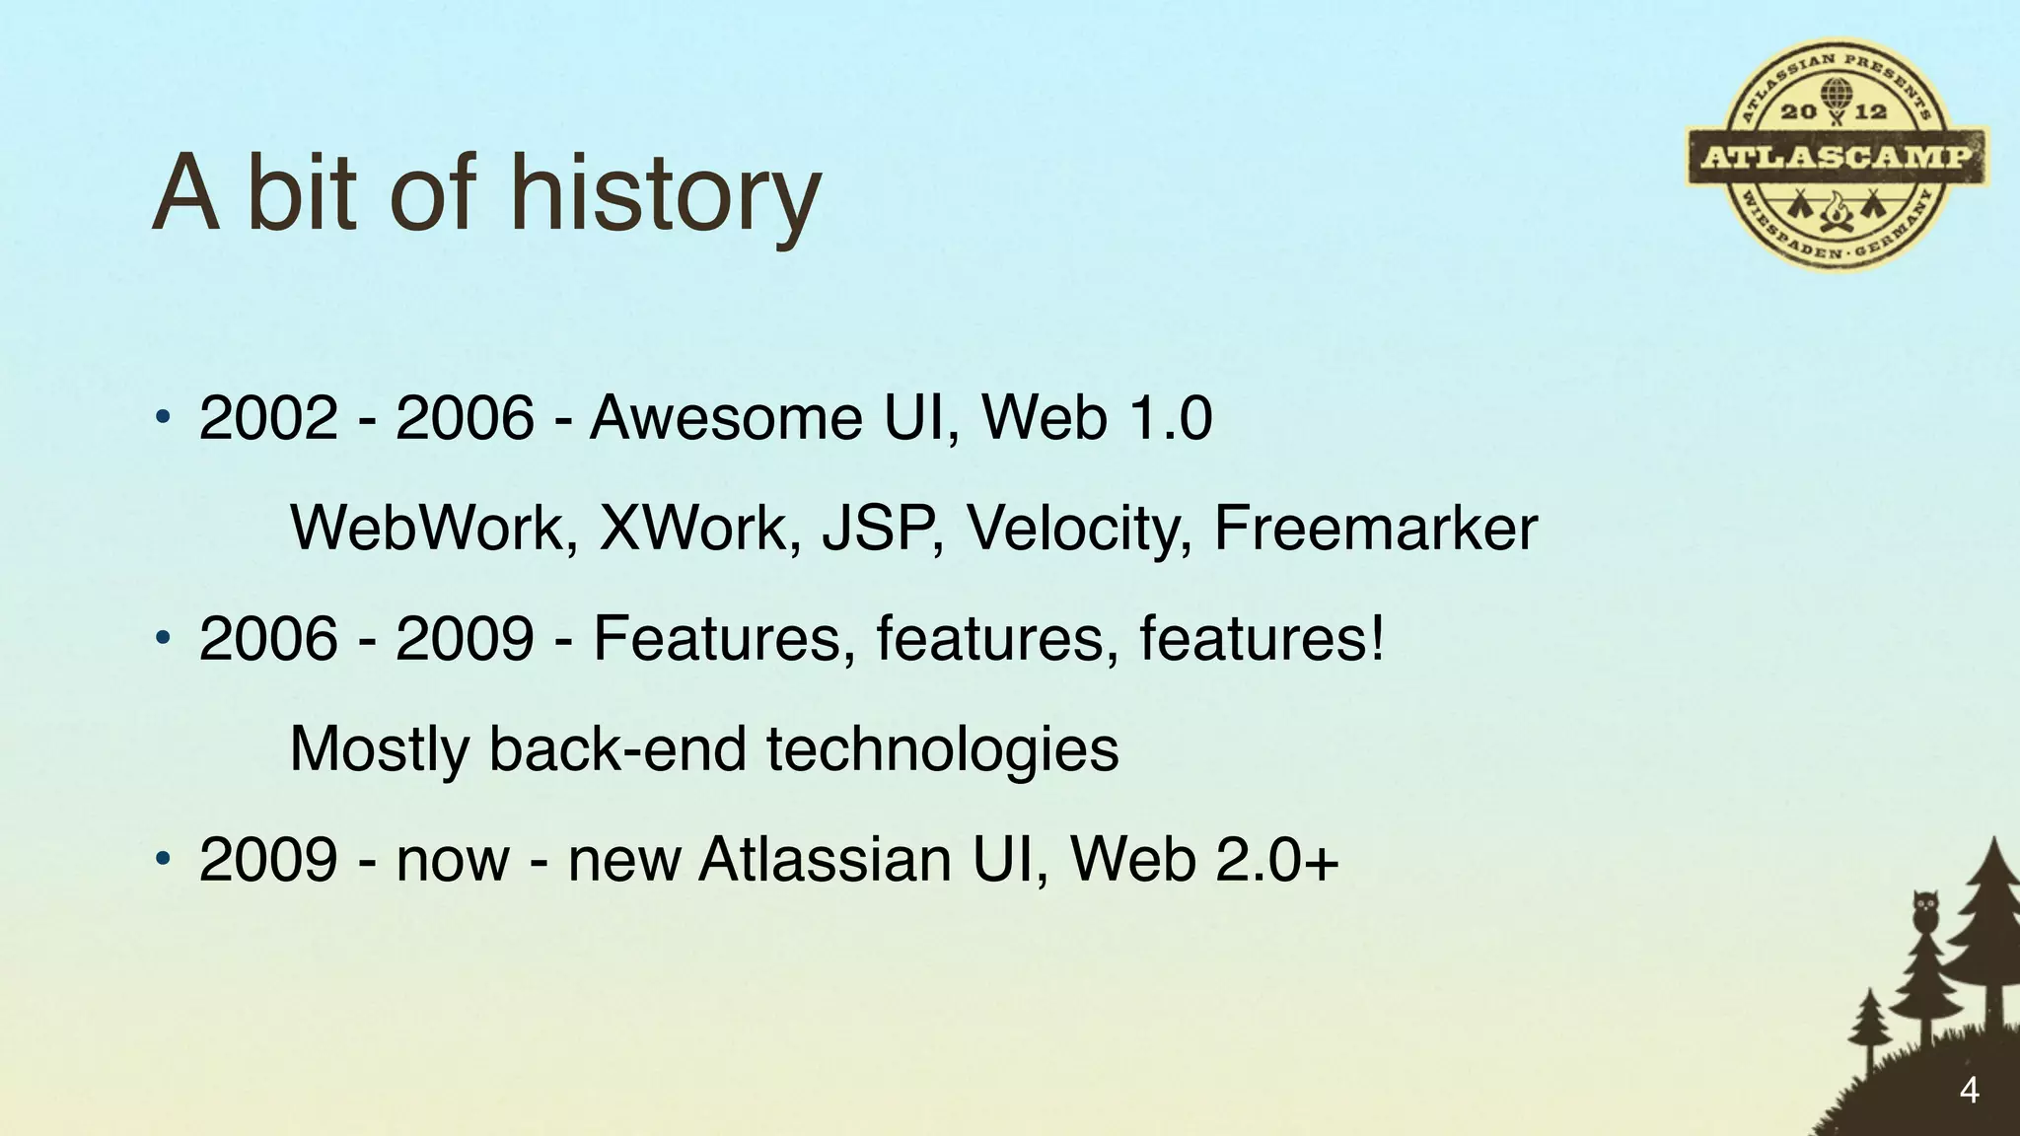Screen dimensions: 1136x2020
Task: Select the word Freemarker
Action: click(x=1375, y=529)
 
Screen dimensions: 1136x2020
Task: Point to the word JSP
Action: click(x=880, y=529)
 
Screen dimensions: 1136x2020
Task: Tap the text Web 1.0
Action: click(x=1096, y=418)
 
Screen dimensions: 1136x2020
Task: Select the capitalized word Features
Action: click(x=723, y=639)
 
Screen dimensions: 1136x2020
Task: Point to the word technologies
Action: click(x=942, y=749)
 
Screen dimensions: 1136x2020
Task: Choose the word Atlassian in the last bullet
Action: click(x=824, y=860)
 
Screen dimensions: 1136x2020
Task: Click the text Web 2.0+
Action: click(x=1204, y=860)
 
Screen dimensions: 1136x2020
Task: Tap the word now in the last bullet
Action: click(x=453, y=860)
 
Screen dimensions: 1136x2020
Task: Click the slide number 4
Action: click(x=1969, y=1091)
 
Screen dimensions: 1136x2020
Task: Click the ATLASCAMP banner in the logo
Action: click(x=1837, y=157)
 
